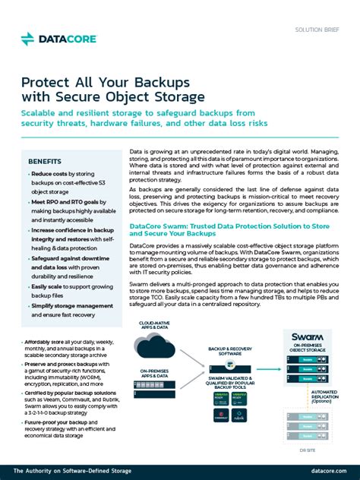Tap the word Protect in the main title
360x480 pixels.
pos(44,81)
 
